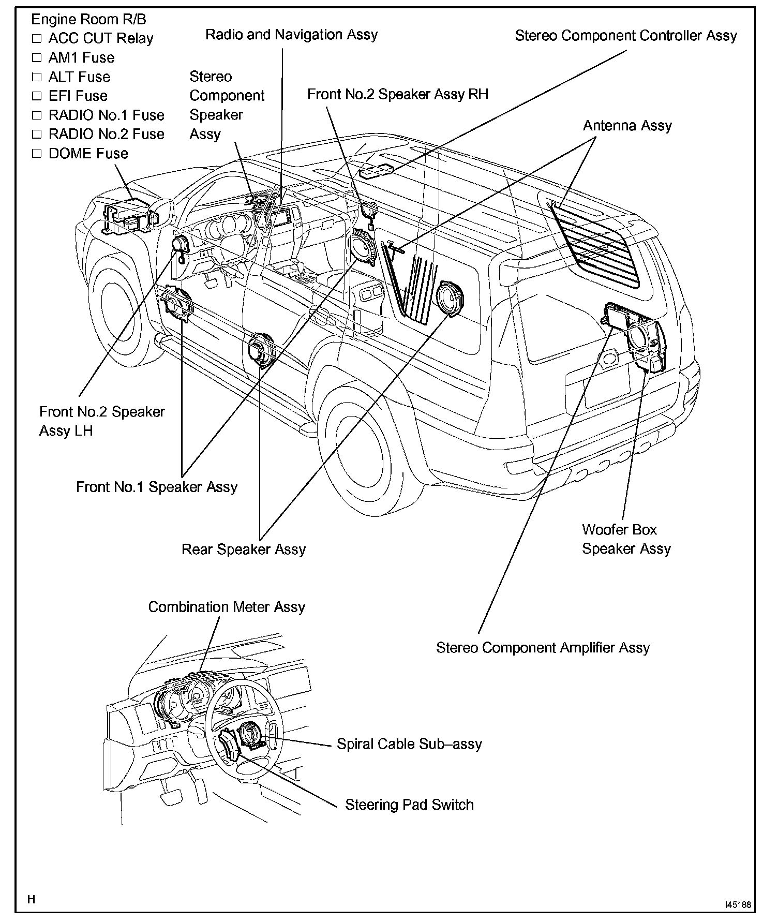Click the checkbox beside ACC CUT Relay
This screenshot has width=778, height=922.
pos(36,38)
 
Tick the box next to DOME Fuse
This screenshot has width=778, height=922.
pos(36,154)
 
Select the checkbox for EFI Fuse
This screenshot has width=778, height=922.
pos(36,96)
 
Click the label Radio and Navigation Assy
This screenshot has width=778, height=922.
pos(291,35)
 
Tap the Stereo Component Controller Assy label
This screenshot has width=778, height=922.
pos(625,36)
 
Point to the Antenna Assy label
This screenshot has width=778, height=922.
pos(627,126)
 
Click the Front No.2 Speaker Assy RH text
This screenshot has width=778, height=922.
pos(397,94)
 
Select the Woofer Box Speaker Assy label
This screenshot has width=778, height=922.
pos(626,539)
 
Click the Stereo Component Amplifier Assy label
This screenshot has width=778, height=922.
pos(543,648)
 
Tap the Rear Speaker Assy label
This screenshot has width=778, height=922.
pos(243,549)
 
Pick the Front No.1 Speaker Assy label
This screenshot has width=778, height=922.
pos(156,487)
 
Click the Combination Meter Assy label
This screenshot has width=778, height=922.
pos(226,607)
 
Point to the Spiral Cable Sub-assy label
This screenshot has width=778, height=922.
pos(409,744)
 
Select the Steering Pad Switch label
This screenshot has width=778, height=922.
pos(409,805)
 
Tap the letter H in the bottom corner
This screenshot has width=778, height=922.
pos(32,899)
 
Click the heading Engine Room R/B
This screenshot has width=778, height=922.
pos(88,20)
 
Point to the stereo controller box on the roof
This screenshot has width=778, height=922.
pos(376,170)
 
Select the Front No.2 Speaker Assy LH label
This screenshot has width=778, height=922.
pos(101,421)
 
